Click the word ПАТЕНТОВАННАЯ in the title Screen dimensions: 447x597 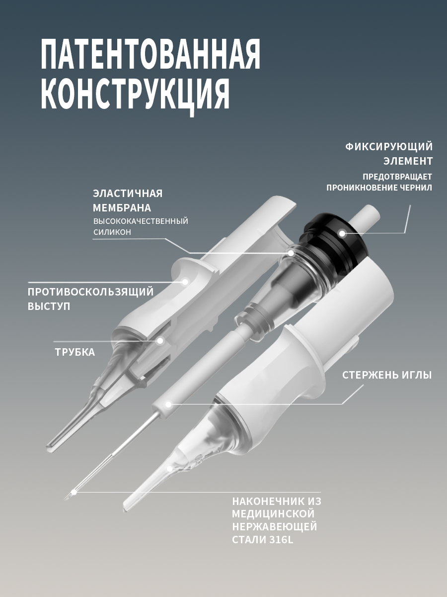(x=150, y=54)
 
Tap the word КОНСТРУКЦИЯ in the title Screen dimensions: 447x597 (x=135, y=95)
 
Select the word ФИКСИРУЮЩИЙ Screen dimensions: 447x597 (x=389, y=147)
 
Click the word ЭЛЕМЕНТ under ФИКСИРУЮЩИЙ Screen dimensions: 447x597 (x=408, y=161)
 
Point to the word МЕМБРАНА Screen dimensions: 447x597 (x=122, y=208)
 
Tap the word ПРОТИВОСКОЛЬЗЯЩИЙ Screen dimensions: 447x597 (x=91, y=292)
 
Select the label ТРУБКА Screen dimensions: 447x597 (x=75, y=352)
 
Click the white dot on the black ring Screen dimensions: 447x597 (x=342, y=233)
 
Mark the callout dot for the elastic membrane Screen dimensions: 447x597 (x=291, y=253)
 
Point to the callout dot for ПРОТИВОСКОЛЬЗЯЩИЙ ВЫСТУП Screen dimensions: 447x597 (x=185, y=282)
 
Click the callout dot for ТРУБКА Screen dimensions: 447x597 (x=160, y=340)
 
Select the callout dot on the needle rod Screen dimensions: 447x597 (x=168, y=404)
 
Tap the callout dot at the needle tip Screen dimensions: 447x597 (x=74, y=492)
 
